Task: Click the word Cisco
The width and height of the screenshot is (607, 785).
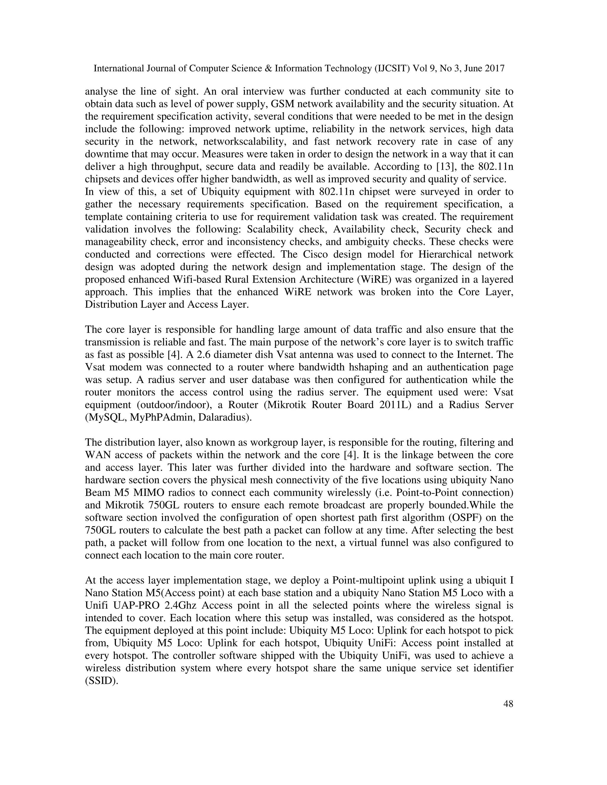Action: [x=319, y=254]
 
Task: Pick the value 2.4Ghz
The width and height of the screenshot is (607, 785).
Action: [x=180, y=605]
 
